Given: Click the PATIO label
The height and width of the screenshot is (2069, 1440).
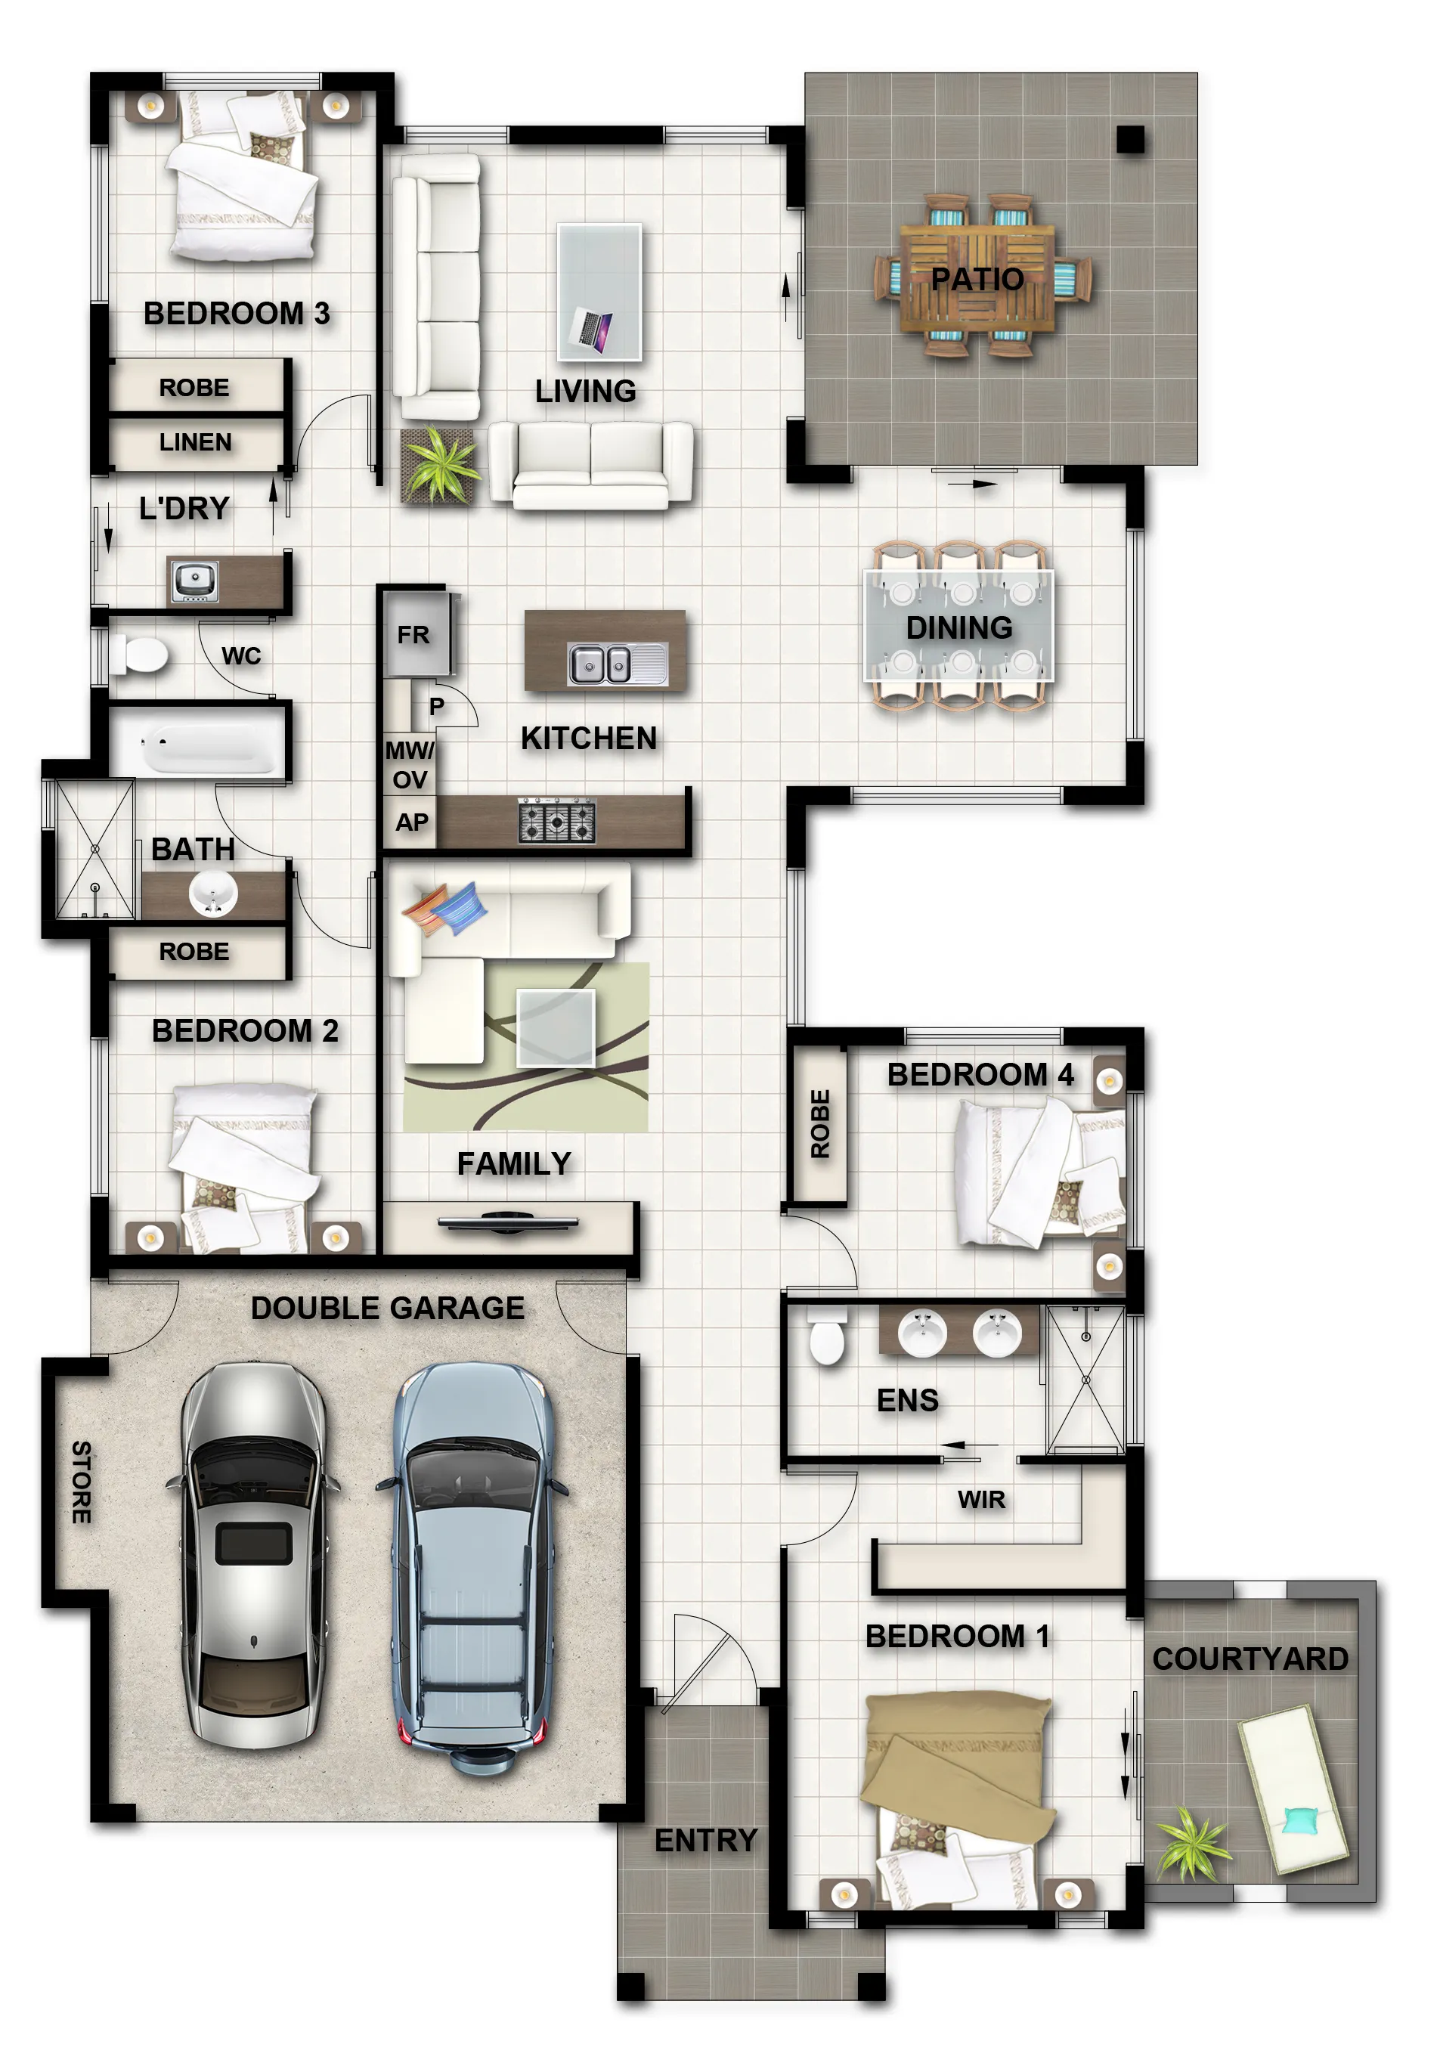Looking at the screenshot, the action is coord(977,280).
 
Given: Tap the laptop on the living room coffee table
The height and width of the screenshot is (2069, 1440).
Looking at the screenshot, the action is coord(591,329).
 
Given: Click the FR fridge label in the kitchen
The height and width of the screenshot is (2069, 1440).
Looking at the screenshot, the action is coord(413,635).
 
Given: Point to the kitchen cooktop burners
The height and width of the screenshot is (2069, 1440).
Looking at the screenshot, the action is coord(556,821).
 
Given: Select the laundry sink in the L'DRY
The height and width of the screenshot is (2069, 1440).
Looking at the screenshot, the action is coord(194,581).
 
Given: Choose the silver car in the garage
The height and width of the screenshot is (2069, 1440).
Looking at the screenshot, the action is coord(253,1553).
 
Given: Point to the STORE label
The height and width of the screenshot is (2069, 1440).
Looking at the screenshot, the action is coord(81,1482).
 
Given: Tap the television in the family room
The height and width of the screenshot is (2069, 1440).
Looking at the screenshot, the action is coord(507,1223).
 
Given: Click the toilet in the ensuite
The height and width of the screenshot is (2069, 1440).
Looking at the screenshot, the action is coord(826,1338).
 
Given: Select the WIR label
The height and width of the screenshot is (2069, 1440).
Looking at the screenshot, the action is coord(980,1500).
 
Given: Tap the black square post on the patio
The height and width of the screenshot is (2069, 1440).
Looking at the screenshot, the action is coord(1130,139).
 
